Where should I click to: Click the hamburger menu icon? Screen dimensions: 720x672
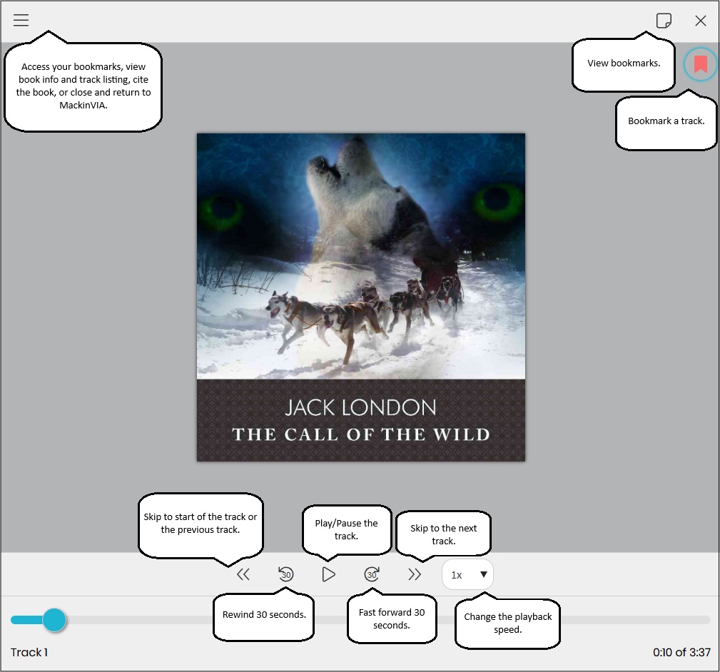pyautogui.click(x=21, y=20)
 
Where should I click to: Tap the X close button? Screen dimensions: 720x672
pyautogui.click(x=700, y=21)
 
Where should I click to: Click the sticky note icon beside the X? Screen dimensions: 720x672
pyautogui.click(x=664, y=21)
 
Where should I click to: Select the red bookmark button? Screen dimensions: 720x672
pyautogui.click(x=700, y=64)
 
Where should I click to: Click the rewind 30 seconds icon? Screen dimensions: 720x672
pyautogui.click(x=285, y=574)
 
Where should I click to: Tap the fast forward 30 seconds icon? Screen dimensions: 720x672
pyautogui.click(x=372, y=574)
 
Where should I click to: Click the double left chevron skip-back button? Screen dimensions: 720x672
pyautogui.click(x=243, y=574)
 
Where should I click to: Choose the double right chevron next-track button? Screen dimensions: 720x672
pyautogui.click(x=414, y=574)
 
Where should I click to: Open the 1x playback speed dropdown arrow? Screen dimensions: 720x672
pyautogui.click(x=484, y=574)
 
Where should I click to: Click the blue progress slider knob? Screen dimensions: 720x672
pyautogui.click(x=54, y=620)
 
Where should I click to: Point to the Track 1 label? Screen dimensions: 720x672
pyautogui.click(x=29, y=652)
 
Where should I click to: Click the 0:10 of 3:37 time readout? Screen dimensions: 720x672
pyautogui.click(x=681, y=652)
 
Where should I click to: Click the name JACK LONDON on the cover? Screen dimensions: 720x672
pyautogui.click(x=360, y=407)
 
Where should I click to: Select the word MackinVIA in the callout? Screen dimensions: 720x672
pyautogui.click(x=83, y=105)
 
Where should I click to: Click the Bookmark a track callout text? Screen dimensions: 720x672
pyautogui.click(x=666, y=121)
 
